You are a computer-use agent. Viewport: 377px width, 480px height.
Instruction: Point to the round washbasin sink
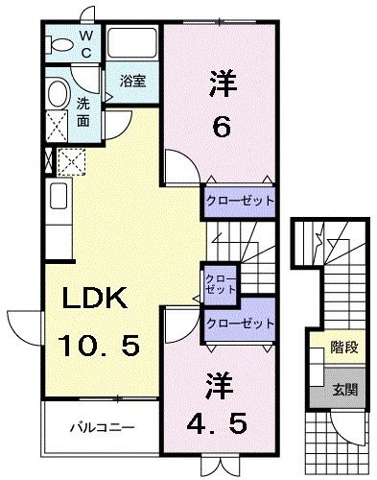pyautogui.click(x=58, y=94)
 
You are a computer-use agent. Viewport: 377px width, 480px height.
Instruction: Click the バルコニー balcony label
pyautogui.click(x=100, y=425)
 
